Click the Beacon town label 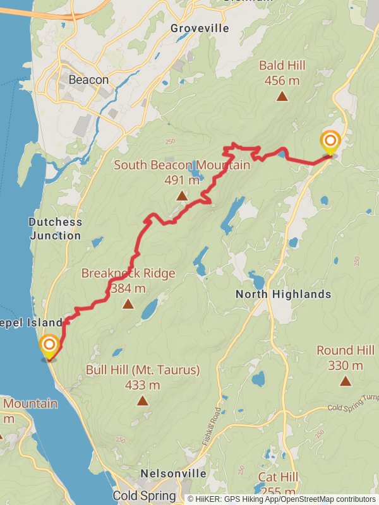(x=88, y=80)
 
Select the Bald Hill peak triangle (x=282, y=96)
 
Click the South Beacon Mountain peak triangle (x=182, y=196)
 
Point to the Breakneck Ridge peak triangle (x=128, y=304)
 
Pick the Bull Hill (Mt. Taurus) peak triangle (x=143, y=400)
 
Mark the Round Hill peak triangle (x=346, y=380)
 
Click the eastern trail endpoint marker (x=330, y=143)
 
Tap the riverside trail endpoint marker (x=49, y=347)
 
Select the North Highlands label (x=283, y=294)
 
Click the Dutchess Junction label (x=55, y=229)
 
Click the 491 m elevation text (x=182, y=180)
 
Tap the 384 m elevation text (x=128, y=288)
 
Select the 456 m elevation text (x=282, y=80)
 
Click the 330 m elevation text (x=346, y=365)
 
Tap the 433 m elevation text (x=143, y=384)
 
